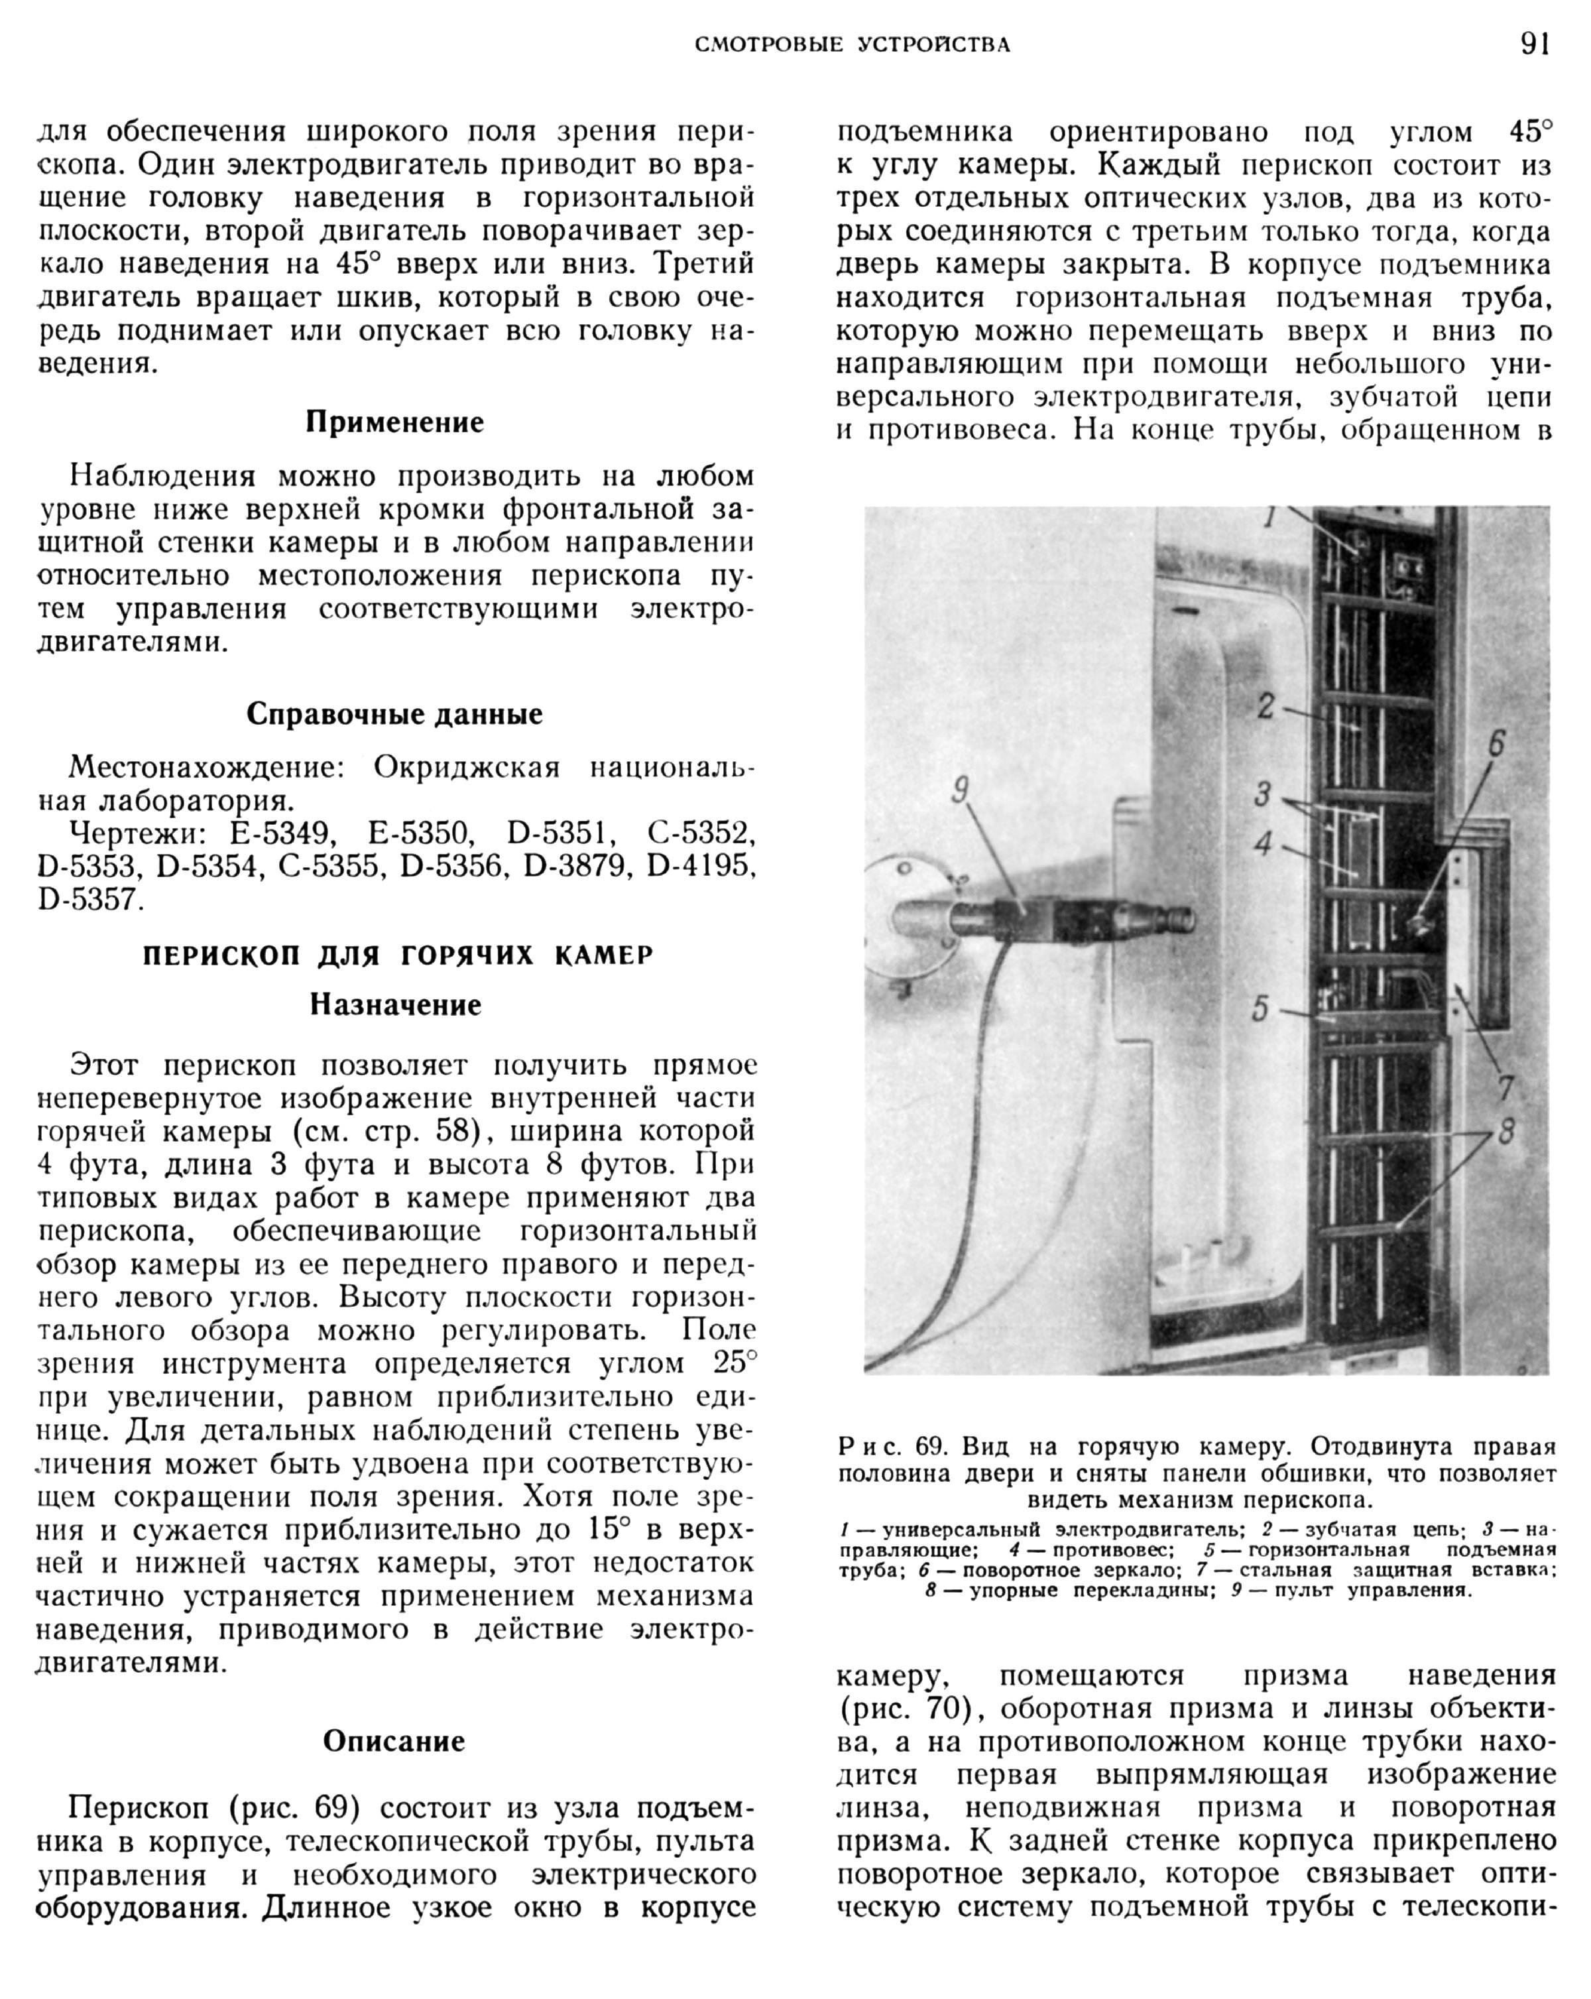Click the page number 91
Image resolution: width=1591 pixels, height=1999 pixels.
pos(1535,44)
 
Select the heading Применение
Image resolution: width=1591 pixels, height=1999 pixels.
pos(395,423)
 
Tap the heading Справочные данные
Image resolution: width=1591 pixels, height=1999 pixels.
pos(395,714)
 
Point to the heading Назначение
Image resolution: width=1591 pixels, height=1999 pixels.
pos(396,1005)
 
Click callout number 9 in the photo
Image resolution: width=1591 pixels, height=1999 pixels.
pos(961,790)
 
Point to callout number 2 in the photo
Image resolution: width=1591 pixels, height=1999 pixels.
pos(1266,707)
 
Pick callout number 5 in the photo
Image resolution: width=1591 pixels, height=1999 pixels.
pos(1259,1008)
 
